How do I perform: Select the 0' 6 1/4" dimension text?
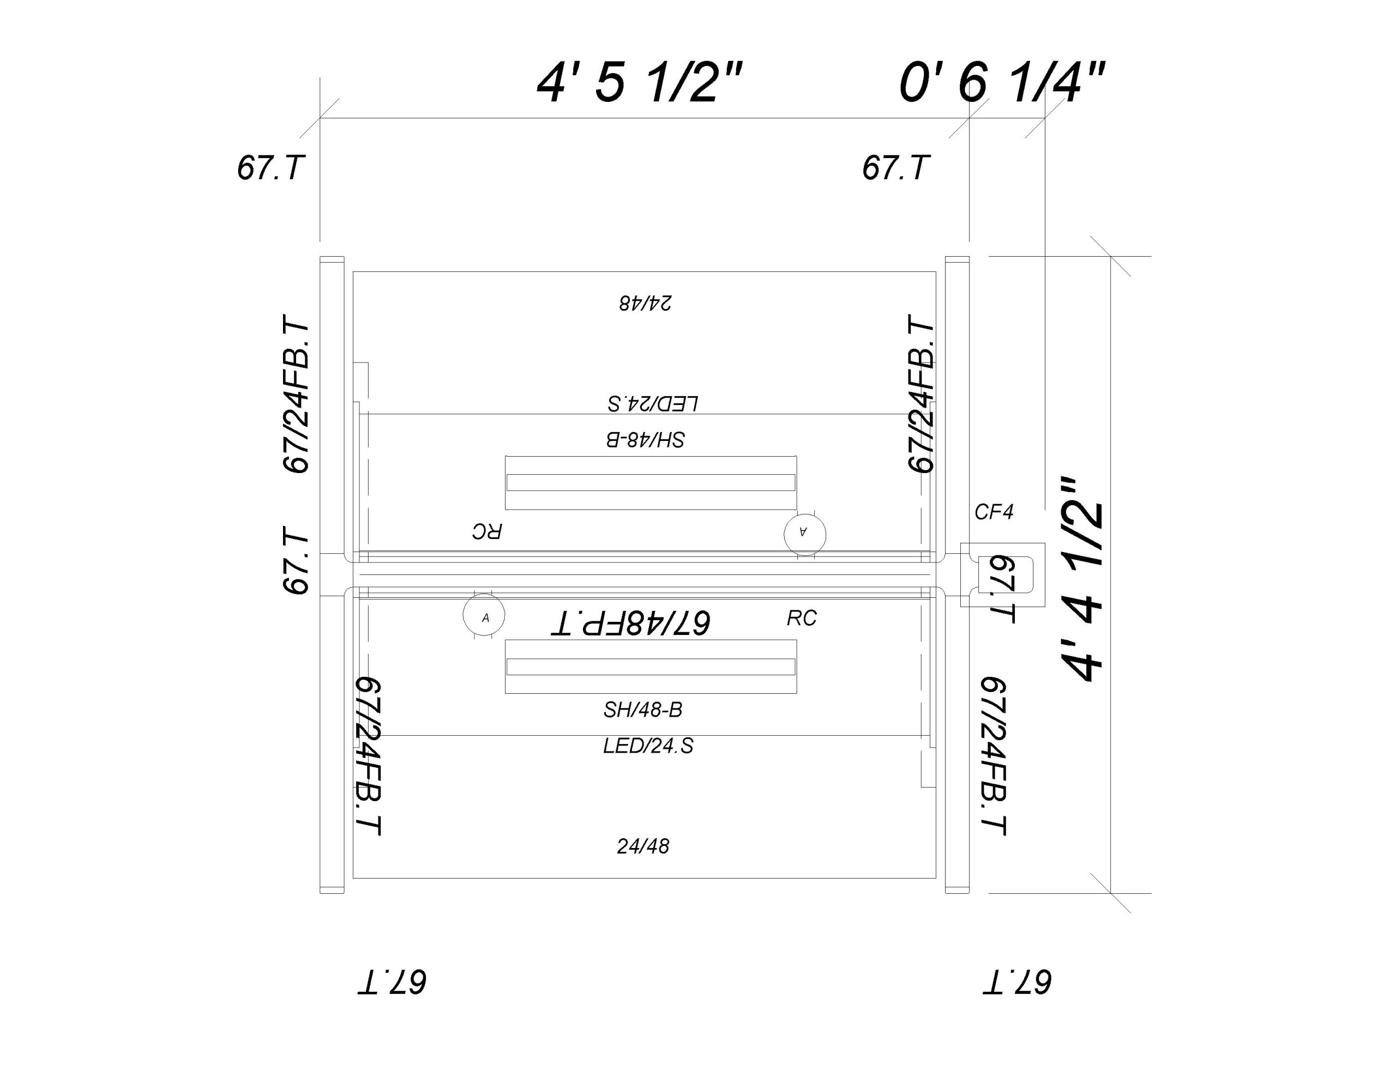(x=1002, y=83)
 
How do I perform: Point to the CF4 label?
(x=994, y=512)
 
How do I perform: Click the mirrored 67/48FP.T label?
(x=630, y=622)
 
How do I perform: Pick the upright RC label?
(x=802, y=618)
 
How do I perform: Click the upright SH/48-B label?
(x=643, y=709)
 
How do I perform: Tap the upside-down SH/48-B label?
(x=646, y=440)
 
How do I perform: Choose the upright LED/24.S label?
(x=648, y=746)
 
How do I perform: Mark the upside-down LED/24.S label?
(x=653, y=404)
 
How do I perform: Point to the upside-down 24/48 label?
(x=645, y=303)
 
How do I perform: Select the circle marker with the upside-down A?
(x=805, y=534)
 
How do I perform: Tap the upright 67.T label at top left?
(x=268, y=168)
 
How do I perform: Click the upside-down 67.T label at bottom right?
(x=1017, y=982)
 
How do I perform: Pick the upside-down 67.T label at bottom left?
(x=391, y=982)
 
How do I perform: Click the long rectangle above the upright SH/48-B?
(x=651, y=667)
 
